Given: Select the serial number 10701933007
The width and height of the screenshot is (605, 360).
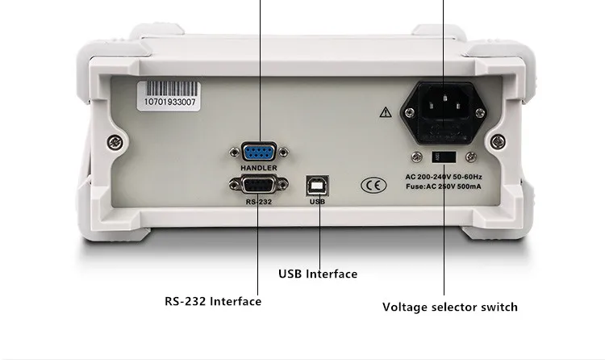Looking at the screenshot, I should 169,103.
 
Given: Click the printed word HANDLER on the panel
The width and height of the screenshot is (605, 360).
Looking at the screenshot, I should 258,168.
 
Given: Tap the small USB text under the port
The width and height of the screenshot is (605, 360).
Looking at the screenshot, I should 316,202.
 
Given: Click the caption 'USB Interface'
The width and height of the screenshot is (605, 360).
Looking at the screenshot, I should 317,274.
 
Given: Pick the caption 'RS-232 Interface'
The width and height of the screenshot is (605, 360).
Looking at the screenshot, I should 213,301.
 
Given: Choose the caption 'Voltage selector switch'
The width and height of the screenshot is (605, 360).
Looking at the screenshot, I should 449,307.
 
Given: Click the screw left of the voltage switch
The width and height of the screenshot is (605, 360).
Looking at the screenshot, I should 418,157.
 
